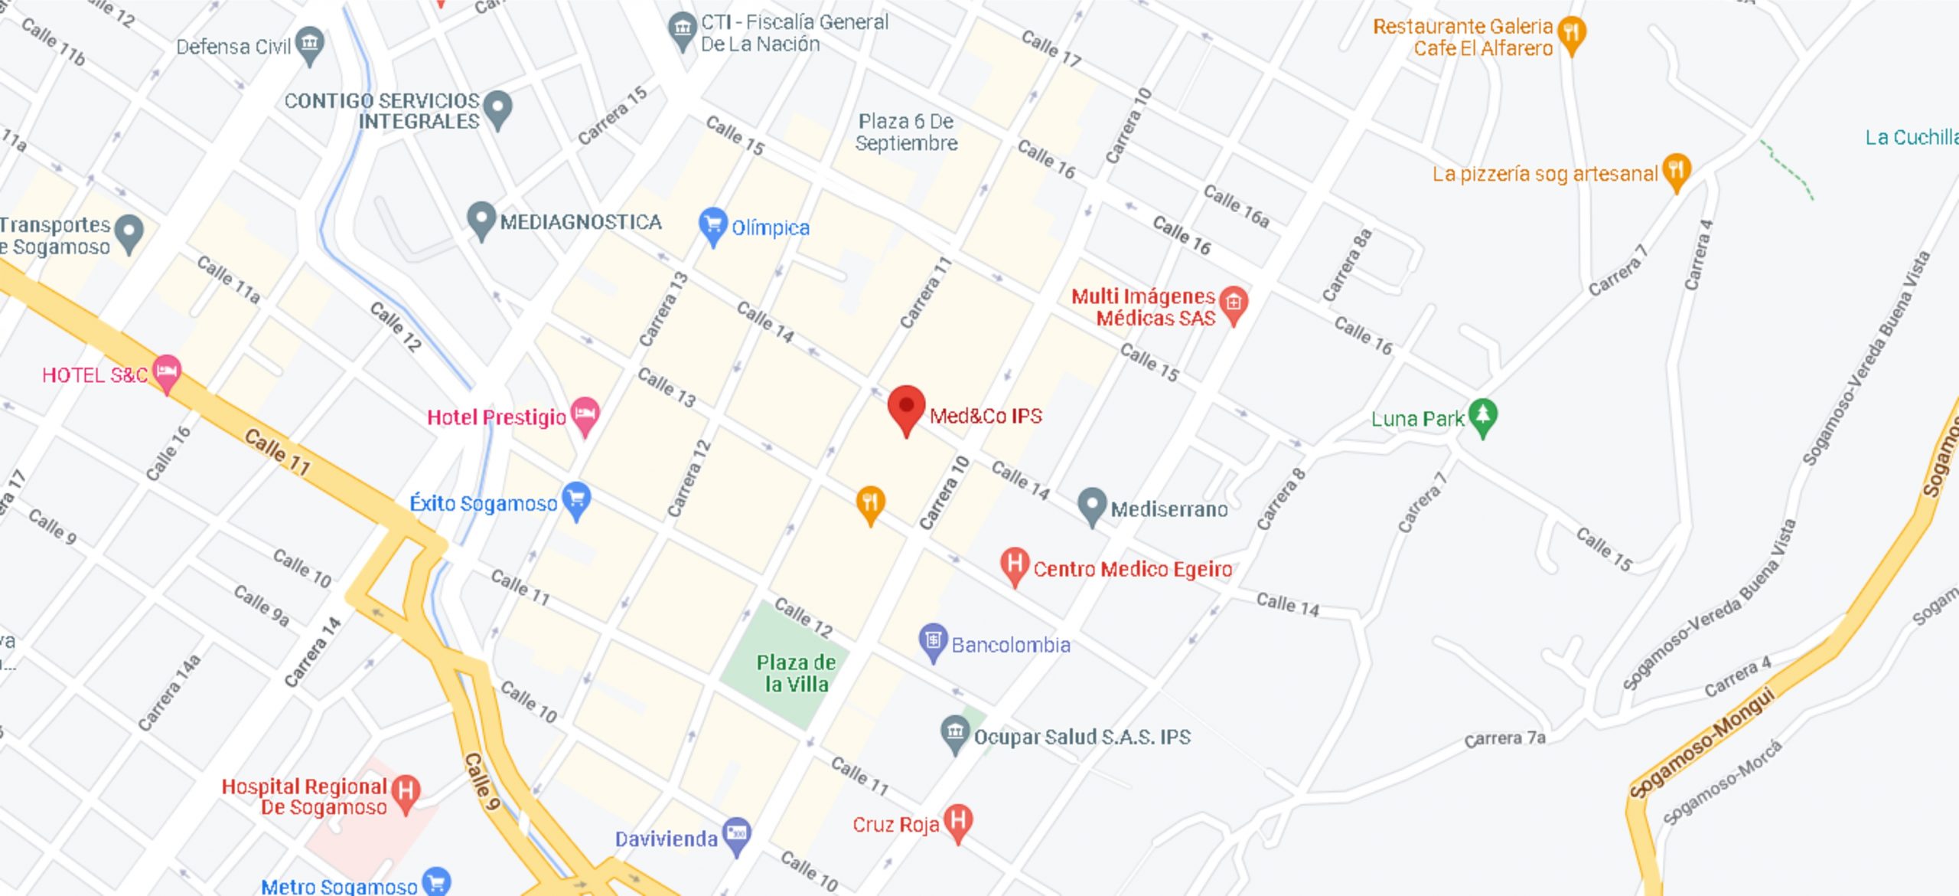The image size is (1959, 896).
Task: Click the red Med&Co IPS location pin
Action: pos(906,407)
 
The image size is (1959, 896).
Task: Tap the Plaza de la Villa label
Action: pos(796,673)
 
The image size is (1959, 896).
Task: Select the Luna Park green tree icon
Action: pos(1483,416)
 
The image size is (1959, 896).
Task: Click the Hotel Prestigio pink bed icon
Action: pos(585,415)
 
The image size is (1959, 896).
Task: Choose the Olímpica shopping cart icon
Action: pos(712,225)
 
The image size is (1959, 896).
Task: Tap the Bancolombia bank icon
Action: pos(933,641)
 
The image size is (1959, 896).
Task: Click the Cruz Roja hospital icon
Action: pos(958,821)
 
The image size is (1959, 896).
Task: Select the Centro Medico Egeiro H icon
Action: pos(1015,565)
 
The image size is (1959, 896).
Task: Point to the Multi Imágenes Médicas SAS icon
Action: pos(1234,303)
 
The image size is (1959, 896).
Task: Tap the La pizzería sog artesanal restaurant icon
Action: pos(1676,171)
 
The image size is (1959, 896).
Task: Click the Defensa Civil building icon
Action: pos(310,44)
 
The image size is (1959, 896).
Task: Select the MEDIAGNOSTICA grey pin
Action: pos(481,219)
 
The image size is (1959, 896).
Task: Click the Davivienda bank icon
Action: pos(736,835)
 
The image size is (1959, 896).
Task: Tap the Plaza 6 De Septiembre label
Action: pos(906,132)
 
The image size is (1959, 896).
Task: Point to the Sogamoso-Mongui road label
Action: pos(1703,742)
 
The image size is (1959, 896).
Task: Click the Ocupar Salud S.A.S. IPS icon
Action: pos(955,733)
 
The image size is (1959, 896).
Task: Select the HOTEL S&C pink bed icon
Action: pos(167,372)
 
